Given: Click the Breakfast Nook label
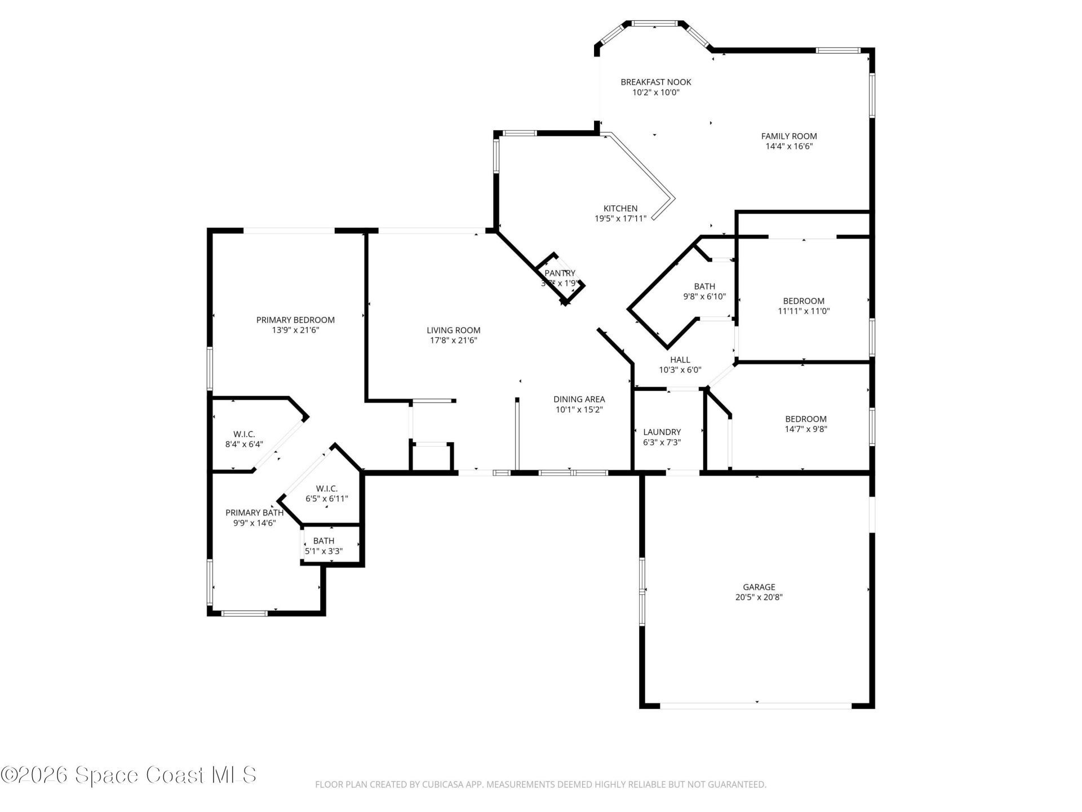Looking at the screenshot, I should click(655, 82).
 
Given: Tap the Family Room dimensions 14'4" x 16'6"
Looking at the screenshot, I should click(788, 146).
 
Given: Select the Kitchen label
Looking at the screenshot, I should click(620, 209).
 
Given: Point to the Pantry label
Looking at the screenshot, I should click(560, 273).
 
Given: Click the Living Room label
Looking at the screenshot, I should click(453, 330).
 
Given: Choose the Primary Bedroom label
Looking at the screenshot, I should click(295, 320).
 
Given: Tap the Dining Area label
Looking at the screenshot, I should click(579, 399).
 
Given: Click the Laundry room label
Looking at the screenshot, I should click(662, 432).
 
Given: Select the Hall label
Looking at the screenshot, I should click(680, 360).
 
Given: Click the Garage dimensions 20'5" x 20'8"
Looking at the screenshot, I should click(759, 597).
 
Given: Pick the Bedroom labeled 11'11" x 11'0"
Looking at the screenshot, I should click(803, 301).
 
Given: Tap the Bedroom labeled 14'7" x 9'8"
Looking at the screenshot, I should click(806, 419).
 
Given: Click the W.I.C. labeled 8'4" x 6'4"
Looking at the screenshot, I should click(244, 434).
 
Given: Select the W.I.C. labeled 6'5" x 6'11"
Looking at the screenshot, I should click(326, 488).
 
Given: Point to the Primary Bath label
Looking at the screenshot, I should click(254, 513).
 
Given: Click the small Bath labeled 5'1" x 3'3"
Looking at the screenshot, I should click(323, 541).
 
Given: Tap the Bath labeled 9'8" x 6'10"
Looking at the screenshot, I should click(704, 286).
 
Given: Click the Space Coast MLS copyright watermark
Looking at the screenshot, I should click(128, 775).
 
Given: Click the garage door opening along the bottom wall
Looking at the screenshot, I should click(755, 705).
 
